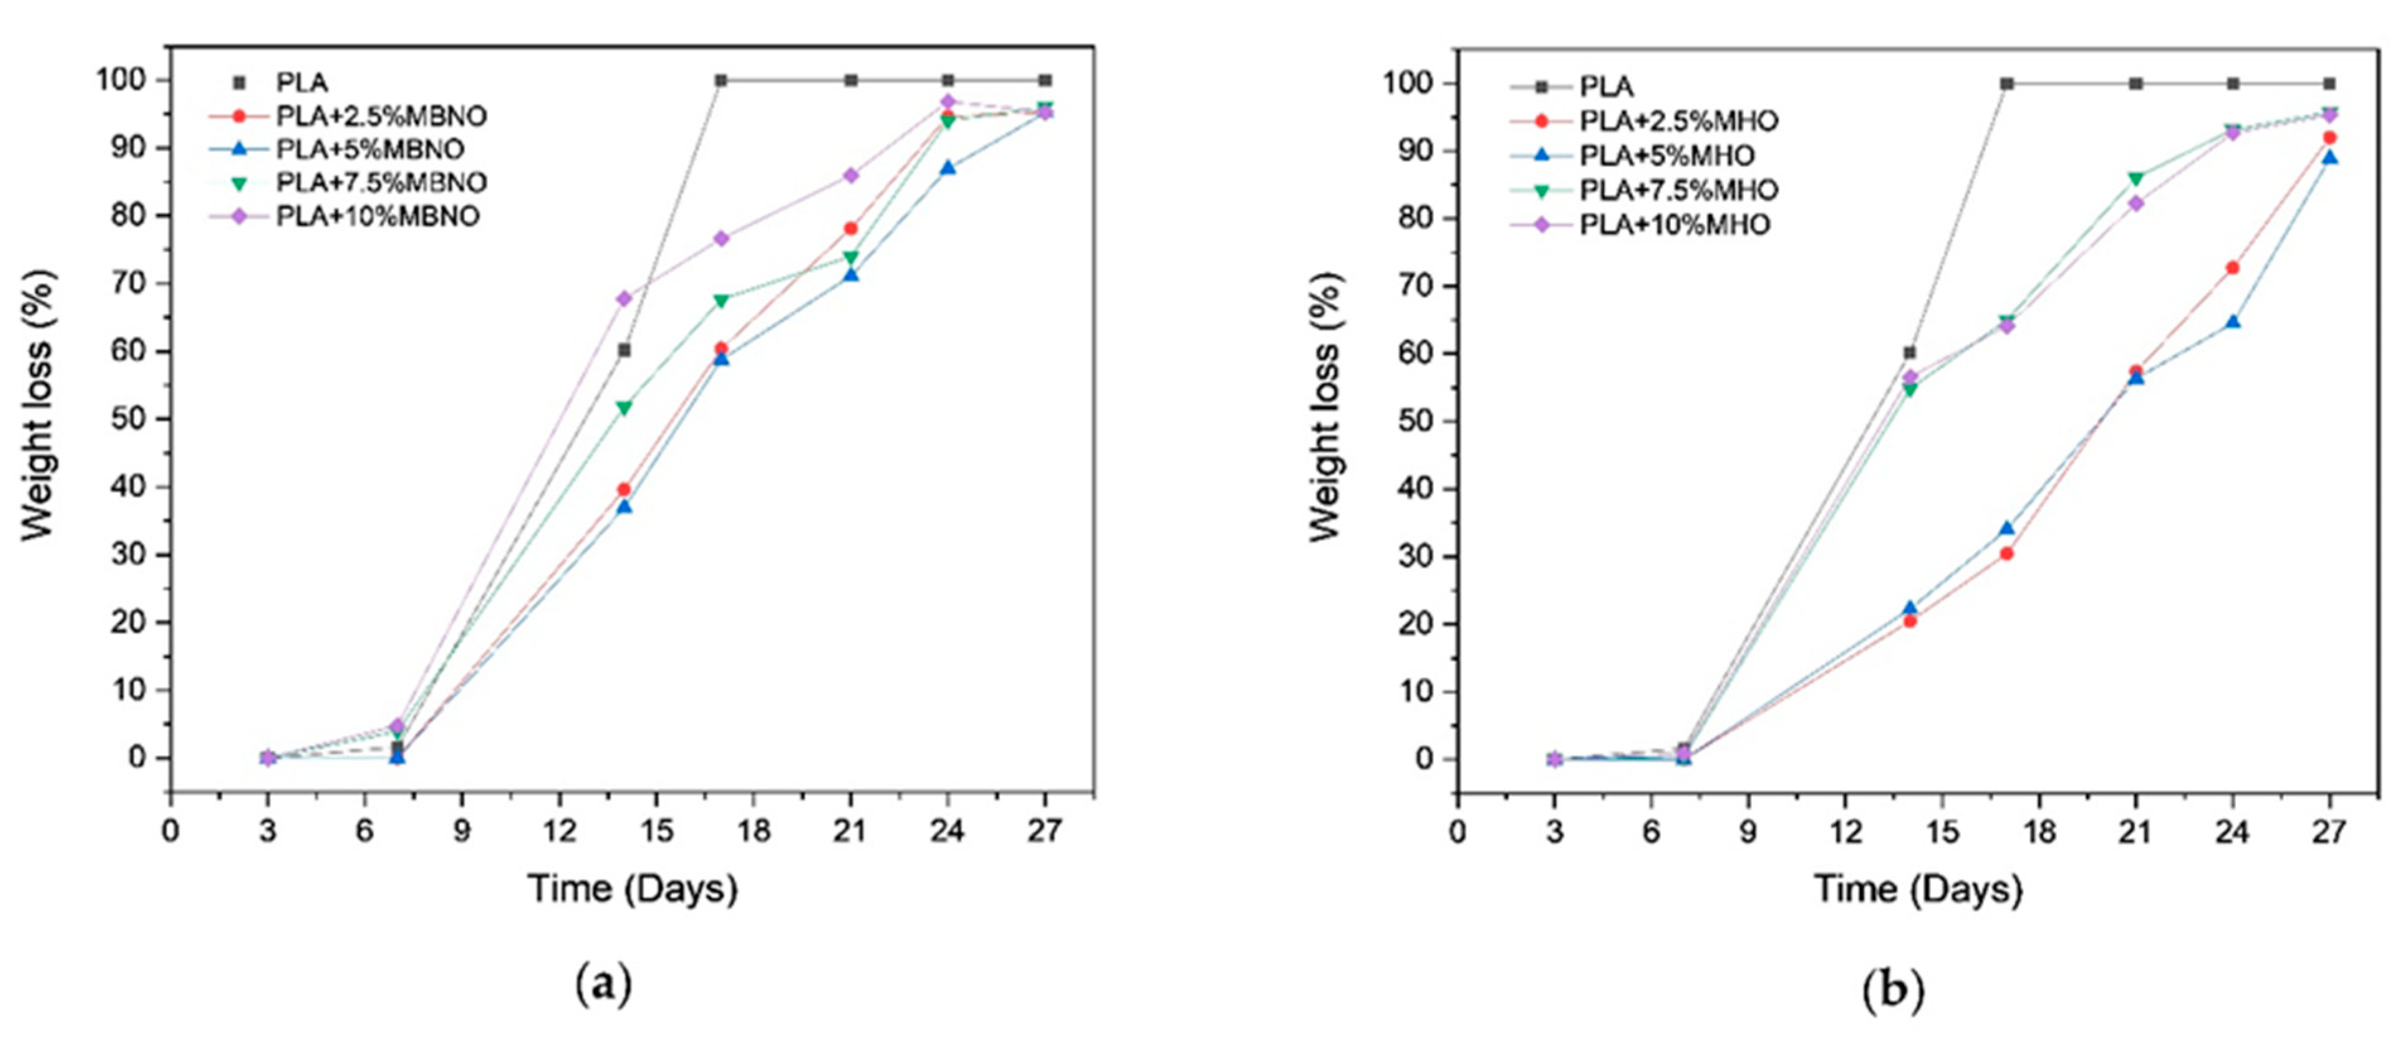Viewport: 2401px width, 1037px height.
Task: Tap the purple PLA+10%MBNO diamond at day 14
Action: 624,298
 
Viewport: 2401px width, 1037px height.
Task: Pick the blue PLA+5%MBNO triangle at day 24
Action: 948,168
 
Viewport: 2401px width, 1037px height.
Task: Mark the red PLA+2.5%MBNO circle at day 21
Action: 850,228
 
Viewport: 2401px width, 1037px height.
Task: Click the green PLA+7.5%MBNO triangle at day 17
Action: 721,301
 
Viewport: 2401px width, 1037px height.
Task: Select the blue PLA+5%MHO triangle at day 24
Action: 2232,322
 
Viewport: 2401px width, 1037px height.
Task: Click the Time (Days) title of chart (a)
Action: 633,889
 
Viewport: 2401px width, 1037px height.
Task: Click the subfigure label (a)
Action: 603,984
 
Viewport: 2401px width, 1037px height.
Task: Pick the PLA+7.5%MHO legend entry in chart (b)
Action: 1678,190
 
